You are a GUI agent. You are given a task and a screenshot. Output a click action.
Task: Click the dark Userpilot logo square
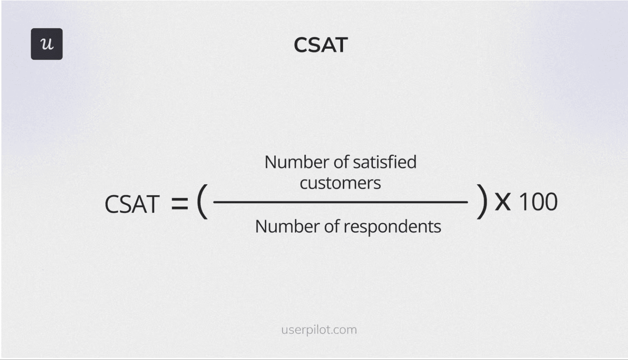pos(47,44)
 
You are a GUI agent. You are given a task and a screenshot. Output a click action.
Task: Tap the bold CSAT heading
pos(321,45)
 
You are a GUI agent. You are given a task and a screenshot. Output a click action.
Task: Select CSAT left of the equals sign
pos(132,204)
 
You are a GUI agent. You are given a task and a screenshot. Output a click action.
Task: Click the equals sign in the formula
pos(179,203)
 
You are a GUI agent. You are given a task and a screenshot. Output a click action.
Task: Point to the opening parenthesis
pos(202,201)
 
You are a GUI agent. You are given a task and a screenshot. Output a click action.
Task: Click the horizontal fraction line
pos(340,202)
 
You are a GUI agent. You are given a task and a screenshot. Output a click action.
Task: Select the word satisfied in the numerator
pos(384,162)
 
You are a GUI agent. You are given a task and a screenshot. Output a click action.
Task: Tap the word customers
pos(340,183)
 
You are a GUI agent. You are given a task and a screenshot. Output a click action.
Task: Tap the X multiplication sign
pos(503,202)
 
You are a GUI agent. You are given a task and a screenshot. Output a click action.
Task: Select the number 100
pos(538,202)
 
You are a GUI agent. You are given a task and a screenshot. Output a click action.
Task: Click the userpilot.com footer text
pos(319,330)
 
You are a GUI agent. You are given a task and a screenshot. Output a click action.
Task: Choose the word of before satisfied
pos(341,162)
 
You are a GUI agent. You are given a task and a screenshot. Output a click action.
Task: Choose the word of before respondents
pos(332,226)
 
